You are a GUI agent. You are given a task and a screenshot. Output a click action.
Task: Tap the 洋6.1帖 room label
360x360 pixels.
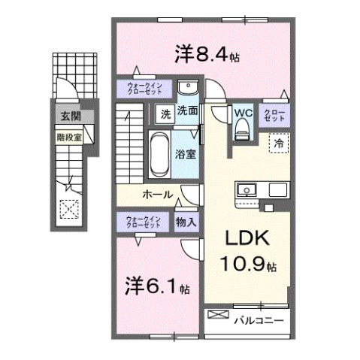(157, 286)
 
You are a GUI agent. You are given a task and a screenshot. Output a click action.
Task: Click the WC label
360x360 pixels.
(241, 113)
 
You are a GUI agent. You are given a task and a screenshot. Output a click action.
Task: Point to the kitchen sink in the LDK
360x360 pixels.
(247, 189)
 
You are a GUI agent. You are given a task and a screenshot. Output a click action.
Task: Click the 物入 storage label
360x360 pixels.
(186, 222)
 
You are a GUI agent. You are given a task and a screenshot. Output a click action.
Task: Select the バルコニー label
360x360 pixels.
(258, 320)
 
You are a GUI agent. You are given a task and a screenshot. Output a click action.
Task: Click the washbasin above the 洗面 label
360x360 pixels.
(188, 87)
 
